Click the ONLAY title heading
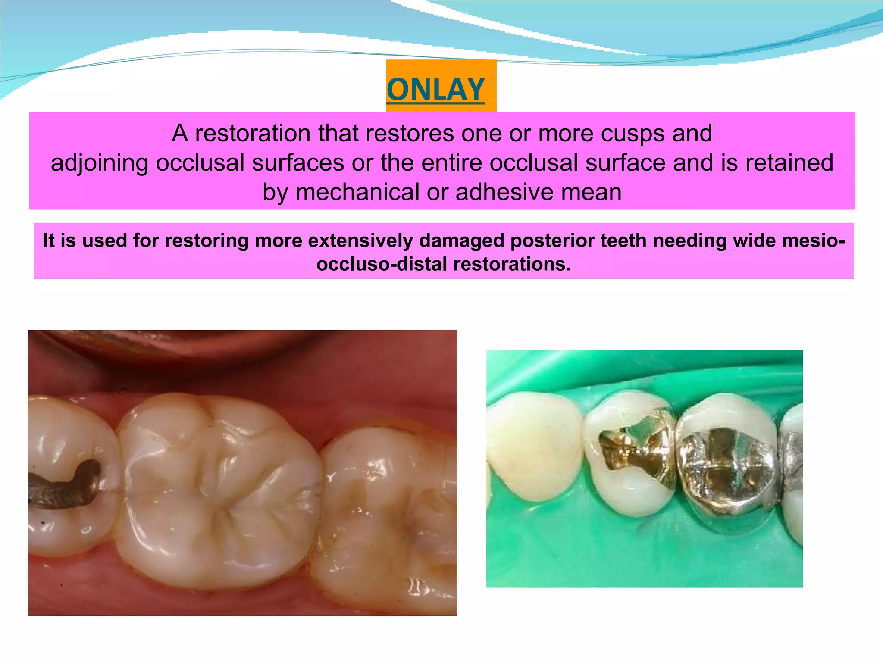(x=435, y=90)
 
